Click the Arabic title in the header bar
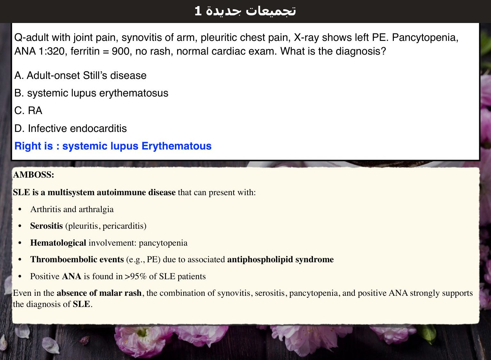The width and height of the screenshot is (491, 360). [245, 11]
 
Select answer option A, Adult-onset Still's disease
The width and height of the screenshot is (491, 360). [80, 76]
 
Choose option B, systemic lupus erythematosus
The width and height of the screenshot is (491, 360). [91, 93]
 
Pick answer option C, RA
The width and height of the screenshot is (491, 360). [28, 111]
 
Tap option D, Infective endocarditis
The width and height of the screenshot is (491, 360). [70, 128]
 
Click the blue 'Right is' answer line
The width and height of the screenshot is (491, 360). [113, 146]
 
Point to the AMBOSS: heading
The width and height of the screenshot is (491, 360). [34, 175]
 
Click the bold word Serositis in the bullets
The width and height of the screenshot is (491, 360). [46, 226]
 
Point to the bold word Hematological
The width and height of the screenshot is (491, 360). [58, 243]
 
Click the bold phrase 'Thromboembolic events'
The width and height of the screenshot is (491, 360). [77, 259]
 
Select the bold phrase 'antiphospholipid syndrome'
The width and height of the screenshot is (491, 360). [280, 260]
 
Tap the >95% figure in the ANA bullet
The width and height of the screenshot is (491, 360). [136, 276]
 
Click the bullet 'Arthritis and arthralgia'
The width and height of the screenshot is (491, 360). [72, 209]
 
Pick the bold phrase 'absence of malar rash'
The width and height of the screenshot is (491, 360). [99, 293]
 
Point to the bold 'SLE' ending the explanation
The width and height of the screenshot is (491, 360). [81, 304]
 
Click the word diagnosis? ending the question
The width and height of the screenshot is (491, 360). [361, 51]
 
